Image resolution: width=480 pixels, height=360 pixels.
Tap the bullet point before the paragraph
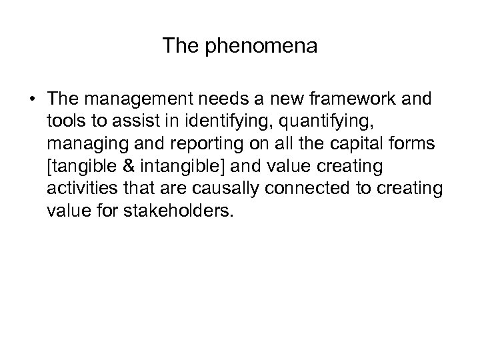[x=32, y=100]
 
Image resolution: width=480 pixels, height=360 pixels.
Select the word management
[x=127, y=100]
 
